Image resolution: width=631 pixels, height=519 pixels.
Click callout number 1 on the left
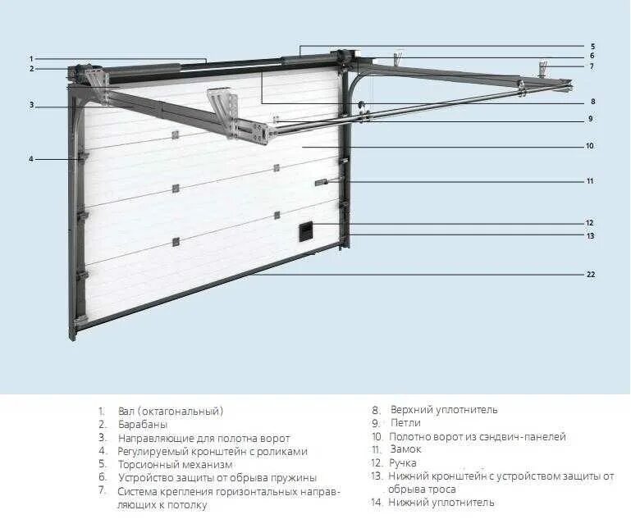pyautogui.click(x=31, y=58)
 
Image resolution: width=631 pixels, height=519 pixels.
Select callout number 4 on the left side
pyautogui.click(x=31, y=158)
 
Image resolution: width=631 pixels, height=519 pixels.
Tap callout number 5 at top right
pyautogui.click(x=592, y=46)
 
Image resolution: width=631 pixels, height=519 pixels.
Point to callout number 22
pyautogui.click(x=591, y=275)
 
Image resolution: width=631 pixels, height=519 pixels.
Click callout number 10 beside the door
pyautogui.click(x=590, y=146)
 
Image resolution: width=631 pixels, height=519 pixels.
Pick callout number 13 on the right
pyautogui.click(x=590, y=235)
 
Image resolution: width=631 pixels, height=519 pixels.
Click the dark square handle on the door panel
pyautogui.click(x=305, y=231)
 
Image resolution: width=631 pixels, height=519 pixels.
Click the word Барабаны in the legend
pyautogui.click(x=143, y=424)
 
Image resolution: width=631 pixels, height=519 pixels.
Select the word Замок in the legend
pyautogui.click(x=405, y=449)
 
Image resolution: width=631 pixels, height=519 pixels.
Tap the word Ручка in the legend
pyautogui.click(x=403, y=462)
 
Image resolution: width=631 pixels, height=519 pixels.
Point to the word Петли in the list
pyautogui.click(x=406, y=423)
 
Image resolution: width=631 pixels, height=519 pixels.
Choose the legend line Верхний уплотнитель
pyautogui.click(x=444, y=410)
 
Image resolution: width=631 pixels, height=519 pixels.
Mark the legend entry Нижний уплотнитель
pyautogui.click(x=441, y=502)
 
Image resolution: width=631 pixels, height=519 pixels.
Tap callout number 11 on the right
pyautogui.click(x=590, y=180)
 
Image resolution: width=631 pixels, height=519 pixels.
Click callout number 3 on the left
pyautogui.click(x=31, y=104)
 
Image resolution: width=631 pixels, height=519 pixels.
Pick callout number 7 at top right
pyautogui.click(x=592, y=66)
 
